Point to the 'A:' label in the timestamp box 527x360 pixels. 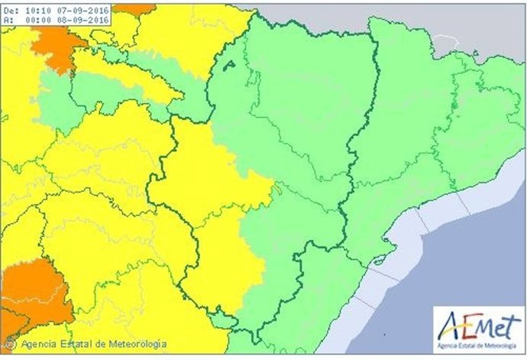[6, 21]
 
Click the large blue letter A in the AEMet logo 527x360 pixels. [449, 325]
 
